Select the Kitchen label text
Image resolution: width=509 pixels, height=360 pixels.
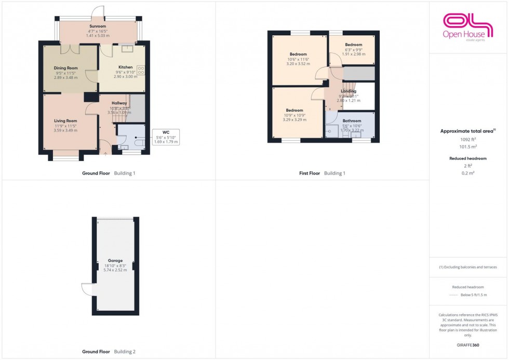[x=125, y=67]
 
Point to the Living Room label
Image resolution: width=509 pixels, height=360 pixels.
[x=65, y=121]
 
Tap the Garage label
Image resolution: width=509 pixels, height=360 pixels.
[x=115, y=260]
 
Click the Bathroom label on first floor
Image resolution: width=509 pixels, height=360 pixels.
[x=353, y=121]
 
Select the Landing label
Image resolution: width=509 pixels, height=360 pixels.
[x=348, y=91]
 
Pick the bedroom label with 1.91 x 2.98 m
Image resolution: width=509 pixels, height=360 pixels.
[x=353, y=45]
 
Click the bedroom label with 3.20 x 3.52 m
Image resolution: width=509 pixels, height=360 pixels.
[x=298, y=54]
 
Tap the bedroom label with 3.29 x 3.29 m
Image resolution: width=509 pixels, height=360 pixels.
[x=294, y=110]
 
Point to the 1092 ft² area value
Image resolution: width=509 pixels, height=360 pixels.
[x=468, y=140]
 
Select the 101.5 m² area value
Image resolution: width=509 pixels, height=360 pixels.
[x=468, y=147]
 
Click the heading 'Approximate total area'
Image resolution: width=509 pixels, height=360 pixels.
[x=467, y=131]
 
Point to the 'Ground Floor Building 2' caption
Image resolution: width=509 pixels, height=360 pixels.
[x=109, y=352]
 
